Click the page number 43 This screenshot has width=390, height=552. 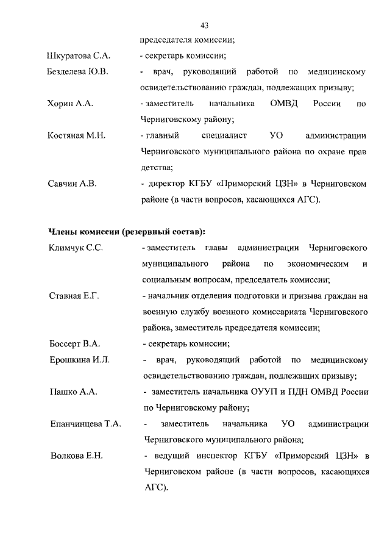pos(205,26)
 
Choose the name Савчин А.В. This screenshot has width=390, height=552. pos(72,183)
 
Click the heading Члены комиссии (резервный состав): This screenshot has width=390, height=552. pos(127,231)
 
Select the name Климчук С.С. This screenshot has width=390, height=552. pos(76,248)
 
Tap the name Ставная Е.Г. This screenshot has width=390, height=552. pos(74,296)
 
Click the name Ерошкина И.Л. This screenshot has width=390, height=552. pos(79,359)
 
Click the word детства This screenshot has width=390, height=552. pos(156,167)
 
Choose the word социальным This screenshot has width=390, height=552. pos(165,280)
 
